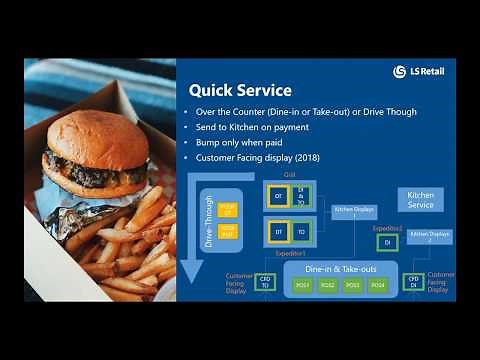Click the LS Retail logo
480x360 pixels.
(x=418, y=72)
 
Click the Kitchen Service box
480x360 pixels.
(x=421, y=199)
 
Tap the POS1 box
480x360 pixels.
(x=303, y=285)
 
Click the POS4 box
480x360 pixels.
(x=377, y=285)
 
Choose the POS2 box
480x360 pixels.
(x=328, y=285)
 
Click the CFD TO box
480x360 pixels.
(x=266, y=283)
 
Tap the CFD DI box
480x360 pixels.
(x=412, y=282)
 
